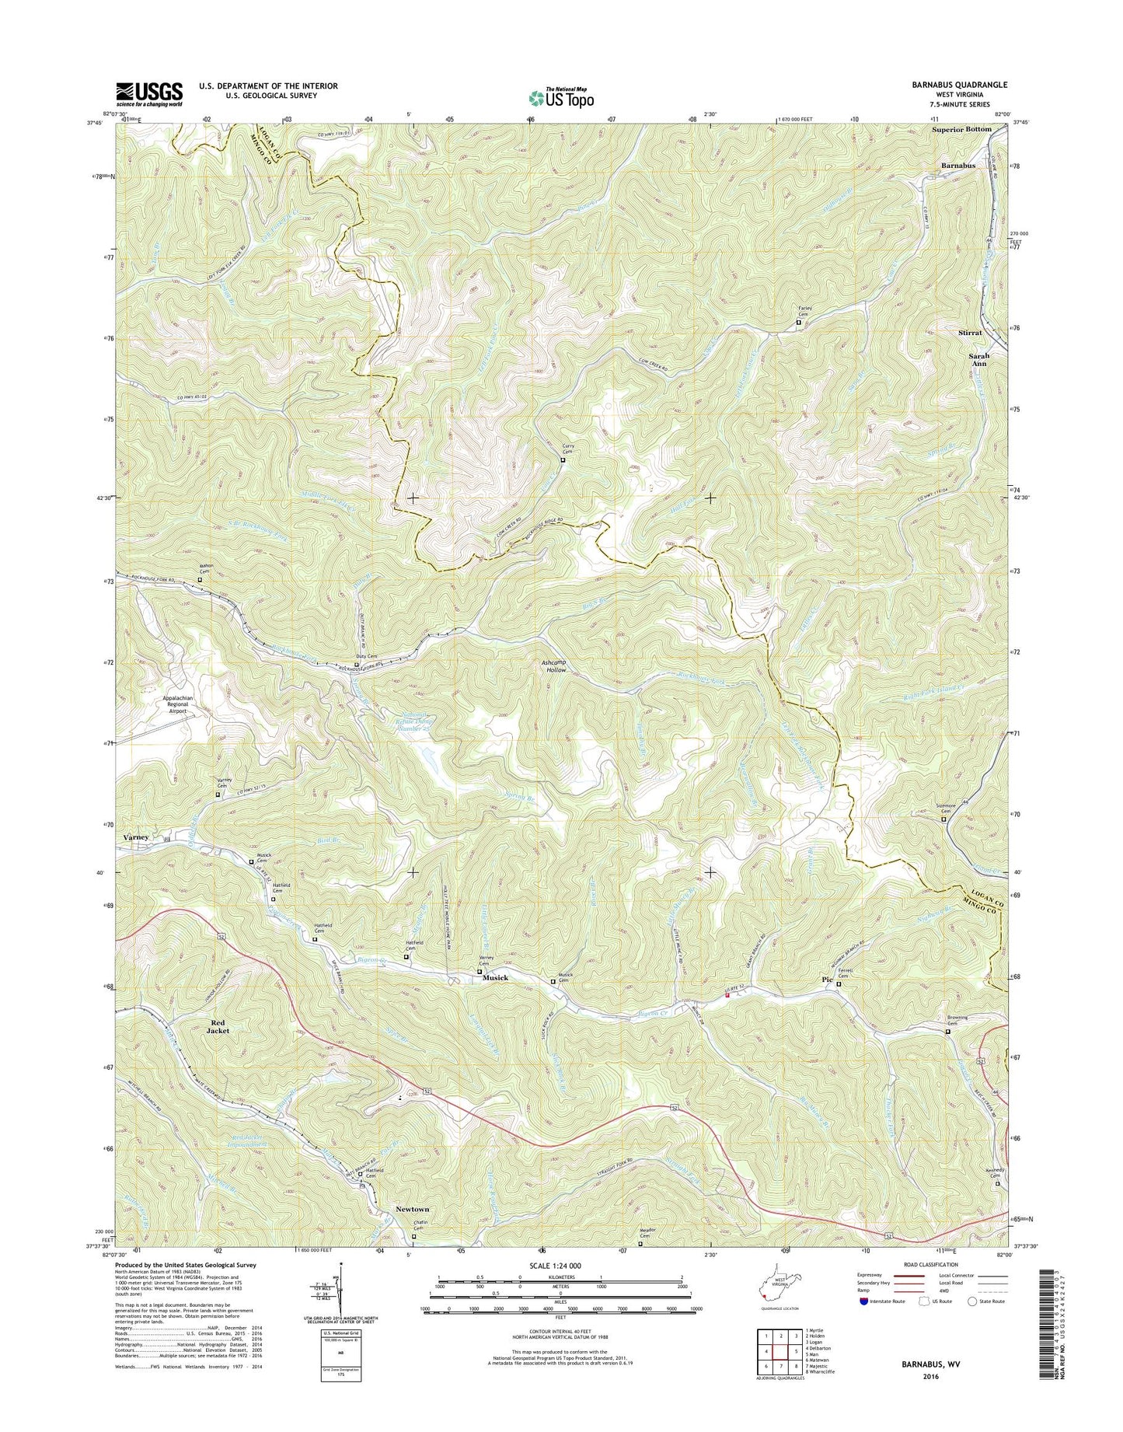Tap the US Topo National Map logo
coord(561,97)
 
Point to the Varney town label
coord(135,837)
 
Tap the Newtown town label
coord(412,1209)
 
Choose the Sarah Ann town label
coord(978,360)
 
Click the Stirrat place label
coord(970,332)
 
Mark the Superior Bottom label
coord(961,129)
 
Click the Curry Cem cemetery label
coord(567,449)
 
